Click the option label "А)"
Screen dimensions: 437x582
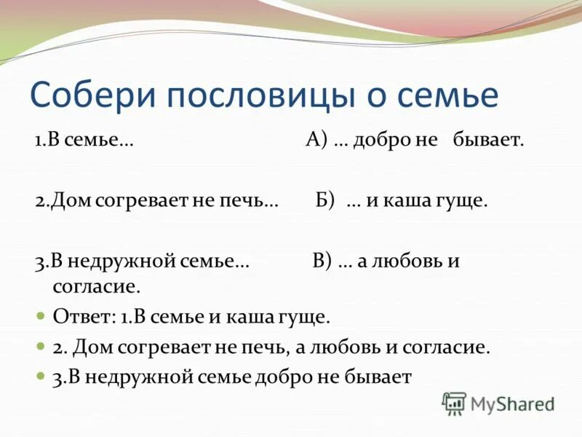[x=316, y=141]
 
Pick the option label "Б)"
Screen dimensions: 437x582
[x=325, y=201]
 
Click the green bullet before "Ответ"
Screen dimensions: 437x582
[x=41, y=318]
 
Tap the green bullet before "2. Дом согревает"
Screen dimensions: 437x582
[x=41, y=347]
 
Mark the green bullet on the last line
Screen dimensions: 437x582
[x=41, y=377]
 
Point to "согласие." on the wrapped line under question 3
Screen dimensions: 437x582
[x=96, y=286]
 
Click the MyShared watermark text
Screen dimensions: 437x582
[x=512, y=403]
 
